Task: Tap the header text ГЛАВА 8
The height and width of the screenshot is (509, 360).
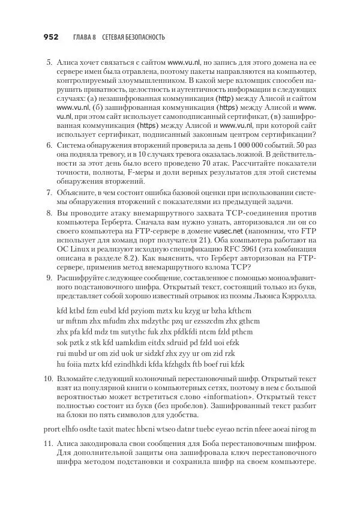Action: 85,37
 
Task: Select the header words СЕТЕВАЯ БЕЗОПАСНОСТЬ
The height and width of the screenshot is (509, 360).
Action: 133,37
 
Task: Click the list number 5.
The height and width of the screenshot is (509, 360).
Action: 49,62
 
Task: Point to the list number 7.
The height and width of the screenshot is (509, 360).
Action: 49,192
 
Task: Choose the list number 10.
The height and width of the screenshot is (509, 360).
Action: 48,379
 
